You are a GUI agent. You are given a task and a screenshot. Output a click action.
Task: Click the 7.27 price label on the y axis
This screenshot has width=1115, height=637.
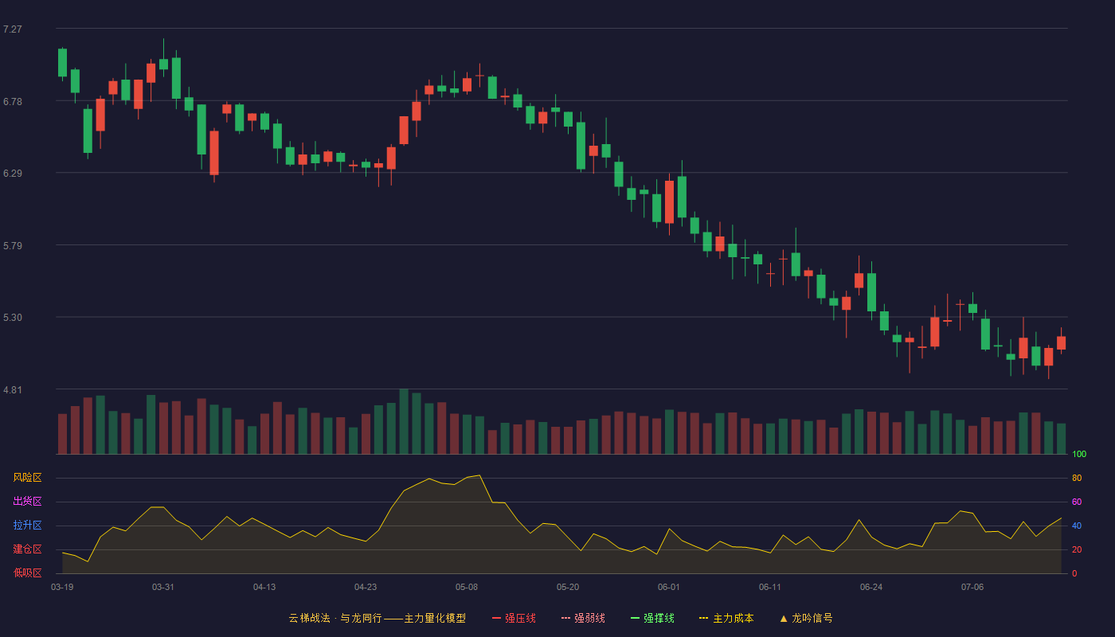pos(13,29)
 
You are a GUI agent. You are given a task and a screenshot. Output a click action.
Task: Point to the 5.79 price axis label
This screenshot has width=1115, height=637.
pos(13,246)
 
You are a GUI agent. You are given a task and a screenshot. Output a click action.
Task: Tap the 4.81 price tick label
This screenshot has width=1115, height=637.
pos(13,390)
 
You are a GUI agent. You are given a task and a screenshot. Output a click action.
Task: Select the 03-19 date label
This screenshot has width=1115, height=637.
pos(62,588)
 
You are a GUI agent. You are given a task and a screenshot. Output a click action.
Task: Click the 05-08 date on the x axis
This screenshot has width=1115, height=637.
pos(467,588)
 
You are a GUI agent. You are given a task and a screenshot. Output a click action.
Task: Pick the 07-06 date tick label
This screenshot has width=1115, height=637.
pos(972,588)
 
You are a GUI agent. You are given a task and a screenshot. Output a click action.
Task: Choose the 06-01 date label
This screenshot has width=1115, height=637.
pos(668,588)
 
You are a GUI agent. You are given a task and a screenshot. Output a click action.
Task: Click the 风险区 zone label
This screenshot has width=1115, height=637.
pos(27,478)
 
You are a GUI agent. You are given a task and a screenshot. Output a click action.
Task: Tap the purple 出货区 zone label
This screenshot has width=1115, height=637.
pos(27,501)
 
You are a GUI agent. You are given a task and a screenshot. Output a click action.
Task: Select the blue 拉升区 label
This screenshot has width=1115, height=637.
pos(27,525)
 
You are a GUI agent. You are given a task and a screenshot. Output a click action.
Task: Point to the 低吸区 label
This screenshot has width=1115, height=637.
pos(27,573)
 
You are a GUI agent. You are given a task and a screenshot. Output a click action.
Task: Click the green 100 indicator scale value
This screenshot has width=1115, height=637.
pos(1079,454)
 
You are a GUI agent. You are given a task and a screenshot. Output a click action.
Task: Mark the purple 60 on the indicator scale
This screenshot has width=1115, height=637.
pos(1077,502)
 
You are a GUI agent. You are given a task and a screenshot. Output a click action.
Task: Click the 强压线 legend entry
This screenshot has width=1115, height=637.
pos(514,619)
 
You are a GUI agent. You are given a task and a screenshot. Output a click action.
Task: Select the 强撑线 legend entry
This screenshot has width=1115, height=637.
pos(652,619)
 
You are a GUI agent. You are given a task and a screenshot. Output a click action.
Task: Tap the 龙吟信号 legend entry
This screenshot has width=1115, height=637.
pos(806,619)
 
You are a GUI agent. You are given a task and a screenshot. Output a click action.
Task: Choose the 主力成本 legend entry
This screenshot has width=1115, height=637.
pos(726,619)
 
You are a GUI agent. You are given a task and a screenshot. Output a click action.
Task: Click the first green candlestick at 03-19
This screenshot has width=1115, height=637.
pos(62,63)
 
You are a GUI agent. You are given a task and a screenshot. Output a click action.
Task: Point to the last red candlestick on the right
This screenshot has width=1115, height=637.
pos(1061,342)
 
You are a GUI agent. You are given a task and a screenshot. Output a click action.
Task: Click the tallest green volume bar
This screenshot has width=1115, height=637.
pos(405,421)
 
